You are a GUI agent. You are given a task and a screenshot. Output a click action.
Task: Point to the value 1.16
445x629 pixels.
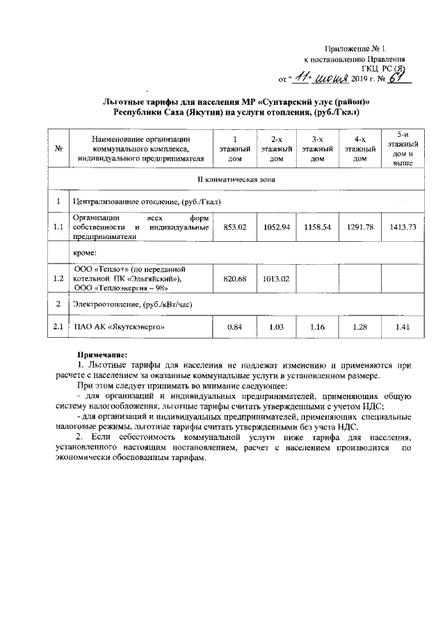(x=317, y=327)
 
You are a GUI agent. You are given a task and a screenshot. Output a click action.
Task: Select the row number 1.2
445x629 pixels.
(x=59, y=278)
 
